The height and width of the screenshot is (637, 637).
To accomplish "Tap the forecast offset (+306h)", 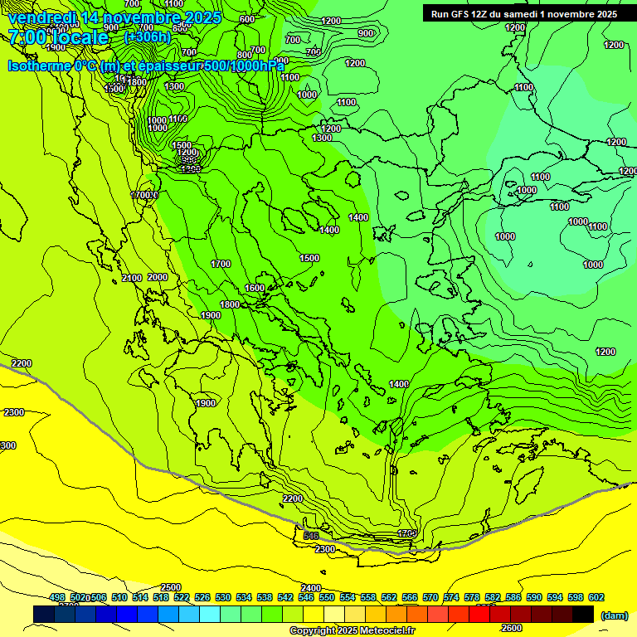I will pyautogui.click(x=147, y=36).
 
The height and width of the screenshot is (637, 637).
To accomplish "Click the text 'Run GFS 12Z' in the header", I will pyautogui.click(x=459, y=14).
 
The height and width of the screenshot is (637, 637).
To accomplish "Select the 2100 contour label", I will pyautogui.click(x=132, y=277).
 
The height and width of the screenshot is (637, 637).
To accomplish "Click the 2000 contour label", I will pyautogui.click(x=158, y=277).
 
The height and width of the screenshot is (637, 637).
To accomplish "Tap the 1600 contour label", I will pyautogui.click(x=255, y=288).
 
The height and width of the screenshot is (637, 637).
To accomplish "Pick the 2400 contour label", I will pyautogui.click(x=310, y=587).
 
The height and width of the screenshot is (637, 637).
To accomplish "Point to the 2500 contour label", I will pyautogui.click(x=171, y=587).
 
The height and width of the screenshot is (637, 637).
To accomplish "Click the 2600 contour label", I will pyautogui.click(x=512, y=628).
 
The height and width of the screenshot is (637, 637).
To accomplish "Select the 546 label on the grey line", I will pyautogui.click(x=311, y=536).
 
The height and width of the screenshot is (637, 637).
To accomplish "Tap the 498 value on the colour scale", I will pyautogui.click(x=57, y=597).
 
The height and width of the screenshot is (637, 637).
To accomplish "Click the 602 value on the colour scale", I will pyautogui.click(x=596, y=597).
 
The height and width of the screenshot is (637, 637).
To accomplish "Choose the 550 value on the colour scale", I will pyautogui.click(x=327, y=597).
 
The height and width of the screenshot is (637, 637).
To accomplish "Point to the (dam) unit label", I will pyautogui.click(x=614, y=615).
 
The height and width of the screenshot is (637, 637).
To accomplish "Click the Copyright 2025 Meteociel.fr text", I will pyautogui.click(x=352, y=631).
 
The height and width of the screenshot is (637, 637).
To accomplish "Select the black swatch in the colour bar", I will pyautogui.click(x=583, y=614).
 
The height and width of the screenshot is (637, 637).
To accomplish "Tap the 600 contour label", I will pyautogui.click(x=246, y=19).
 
